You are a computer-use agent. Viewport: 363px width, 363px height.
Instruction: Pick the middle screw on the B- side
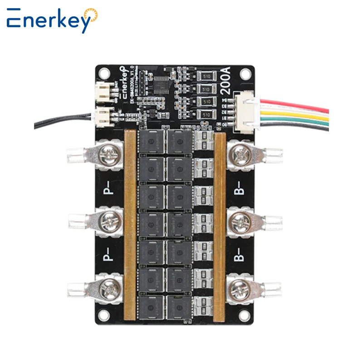pos(239,222)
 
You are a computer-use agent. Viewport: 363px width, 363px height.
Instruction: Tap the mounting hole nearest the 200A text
pos(245,72)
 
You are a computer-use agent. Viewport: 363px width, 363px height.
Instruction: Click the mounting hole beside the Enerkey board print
pos(103,72)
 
